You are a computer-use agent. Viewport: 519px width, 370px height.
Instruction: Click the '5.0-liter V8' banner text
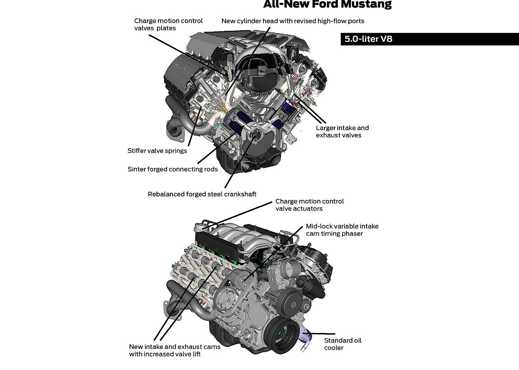368,39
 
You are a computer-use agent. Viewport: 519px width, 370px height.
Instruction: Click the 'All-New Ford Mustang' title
327,5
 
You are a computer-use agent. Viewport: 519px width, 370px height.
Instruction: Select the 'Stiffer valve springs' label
157,151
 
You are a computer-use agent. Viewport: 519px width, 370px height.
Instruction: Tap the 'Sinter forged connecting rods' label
173,169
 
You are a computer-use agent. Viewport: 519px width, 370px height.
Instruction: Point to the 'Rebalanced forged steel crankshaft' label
202,194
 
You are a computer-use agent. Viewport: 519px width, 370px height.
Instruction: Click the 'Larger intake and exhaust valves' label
342,131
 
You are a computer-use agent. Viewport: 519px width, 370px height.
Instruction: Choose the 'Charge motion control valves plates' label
168,25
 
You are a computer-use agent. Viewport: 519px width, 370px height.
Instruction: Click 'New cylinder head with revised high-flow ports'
293,21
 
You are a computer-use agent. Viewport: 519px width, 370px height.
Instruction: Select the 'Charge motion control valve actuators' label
309,205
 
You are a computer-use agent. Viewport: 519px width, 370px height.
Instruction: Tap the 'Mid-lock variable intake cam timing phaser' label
342,230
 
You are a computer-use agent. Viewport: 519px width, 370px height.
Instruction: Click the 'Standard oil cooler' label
342,344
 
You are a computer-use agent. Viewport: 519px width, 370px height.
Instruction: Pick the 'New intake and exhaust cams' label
175,350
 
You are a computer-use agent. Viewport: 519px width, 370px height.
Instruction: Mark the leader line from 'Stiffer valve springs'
194,126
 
